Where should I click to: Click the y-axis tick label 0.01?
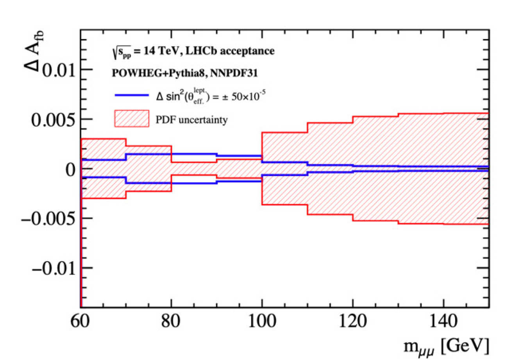(52, 70)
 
